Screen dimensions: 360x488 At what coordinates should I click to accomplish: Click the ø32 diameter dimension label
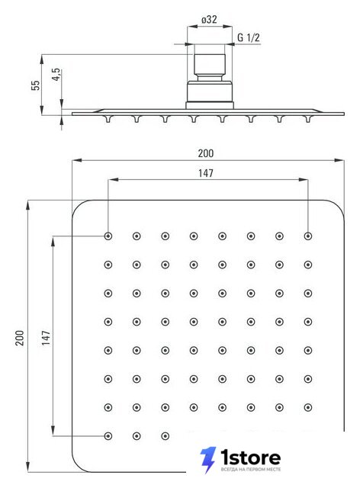point(209,20)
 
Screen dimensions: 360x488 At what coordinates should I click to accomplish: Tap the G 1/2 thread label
point(248,37)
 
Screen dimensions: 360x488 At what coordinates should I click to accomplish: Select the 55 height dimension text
point(36,85)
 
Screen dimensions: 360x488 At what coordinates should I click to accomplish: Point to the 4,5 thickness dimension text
point(56,75)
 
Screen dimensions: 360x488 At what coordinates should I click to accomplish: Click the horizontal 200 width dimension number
point(206,153)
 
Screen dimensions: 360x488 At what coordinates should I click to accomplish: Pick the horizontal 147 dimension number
point(206,173)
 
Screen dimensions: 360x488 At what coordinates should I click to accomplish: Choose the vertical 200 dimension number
point(20,338)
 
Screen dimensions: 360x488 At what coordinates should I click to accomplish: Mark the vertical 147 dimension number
point(46,338)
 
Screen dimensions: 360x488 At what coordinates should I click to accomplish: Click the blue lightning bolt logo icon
point(208,460)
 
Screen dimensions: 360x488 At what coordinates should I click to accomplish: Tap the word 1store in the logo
point(251,457)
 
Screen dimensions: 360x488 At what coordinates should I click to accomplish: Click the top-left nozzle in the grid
point(108,236)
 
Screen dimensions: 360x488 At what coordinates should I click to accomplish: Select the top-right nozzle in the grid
point(308,236)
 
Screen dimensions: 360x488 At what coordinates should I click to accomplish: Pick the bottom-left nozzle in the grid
point(108,436)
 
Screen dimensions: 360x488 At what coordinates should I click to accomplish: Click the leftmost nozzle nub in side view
point(108,119)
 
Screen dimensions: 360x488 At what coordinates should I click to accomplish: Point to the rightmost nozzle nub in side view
point(308,119)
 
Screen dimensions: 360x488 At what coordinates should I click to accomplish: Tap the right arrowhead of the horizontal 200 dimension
point(339,160)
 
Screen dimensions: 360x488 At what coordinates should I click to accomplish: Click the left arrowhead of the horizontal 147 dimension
point(114,180)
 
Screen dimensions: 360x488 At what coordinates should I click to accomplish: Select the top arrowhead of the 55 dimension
point(42,59)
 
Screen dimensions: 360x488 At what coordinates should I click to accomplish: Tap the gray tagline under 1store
point(251,470)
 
